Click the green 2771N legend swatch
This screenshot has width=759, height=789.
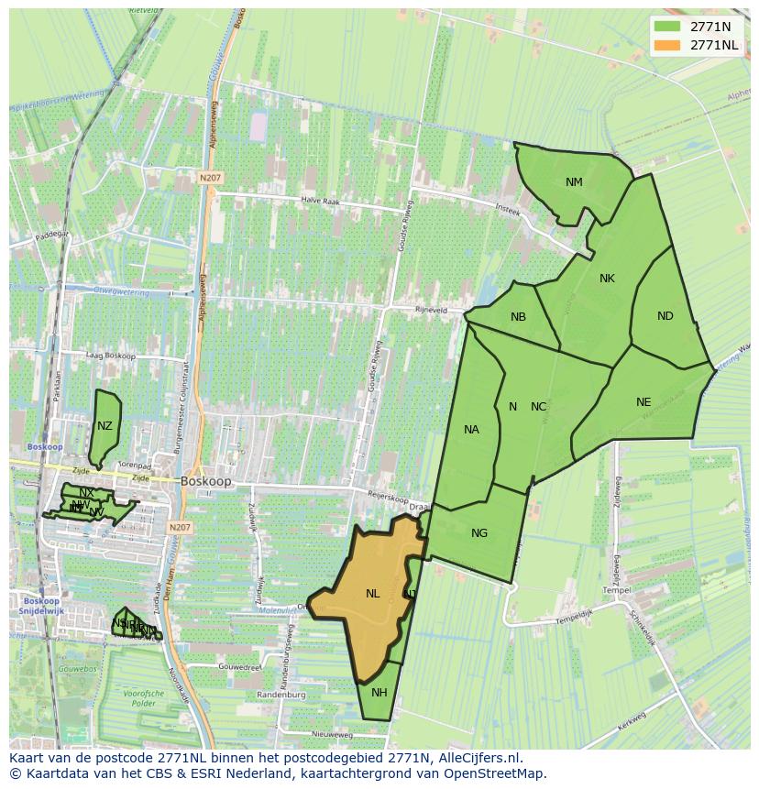point(666,27)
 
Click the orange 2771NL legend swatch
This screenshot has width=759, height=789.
point(666,45)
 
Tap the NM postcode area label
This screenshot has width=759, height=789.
point(574,181)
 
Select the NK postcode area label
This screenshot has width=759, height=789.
point(607,279)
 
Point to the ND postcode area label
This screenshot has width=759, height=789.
point(665,316)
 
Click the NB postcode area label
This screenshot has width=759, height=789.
point(518,317)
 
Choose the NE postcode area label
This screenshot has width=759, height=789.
point(643,402)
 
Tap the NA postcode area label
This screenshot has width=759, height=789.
point(471,430)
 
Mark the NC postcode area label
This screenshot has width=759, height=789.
point(539,407)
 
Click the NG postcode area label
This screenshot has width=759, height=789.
point(478,533)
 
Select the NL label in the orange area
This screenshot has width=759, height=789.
point(372,594)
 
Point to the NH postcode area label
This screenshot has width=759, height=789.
point(379,692)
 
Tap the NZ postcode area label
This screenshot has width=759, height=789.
point(104,426)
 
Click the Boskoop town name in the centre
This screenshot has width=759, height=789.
point(206,480)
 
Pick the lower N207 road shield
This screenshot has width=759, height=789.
point(180,528)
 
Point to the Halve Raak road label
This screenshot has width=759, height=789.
point(321,200)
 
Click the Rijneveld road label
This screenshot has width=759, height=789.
point(432,310)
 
